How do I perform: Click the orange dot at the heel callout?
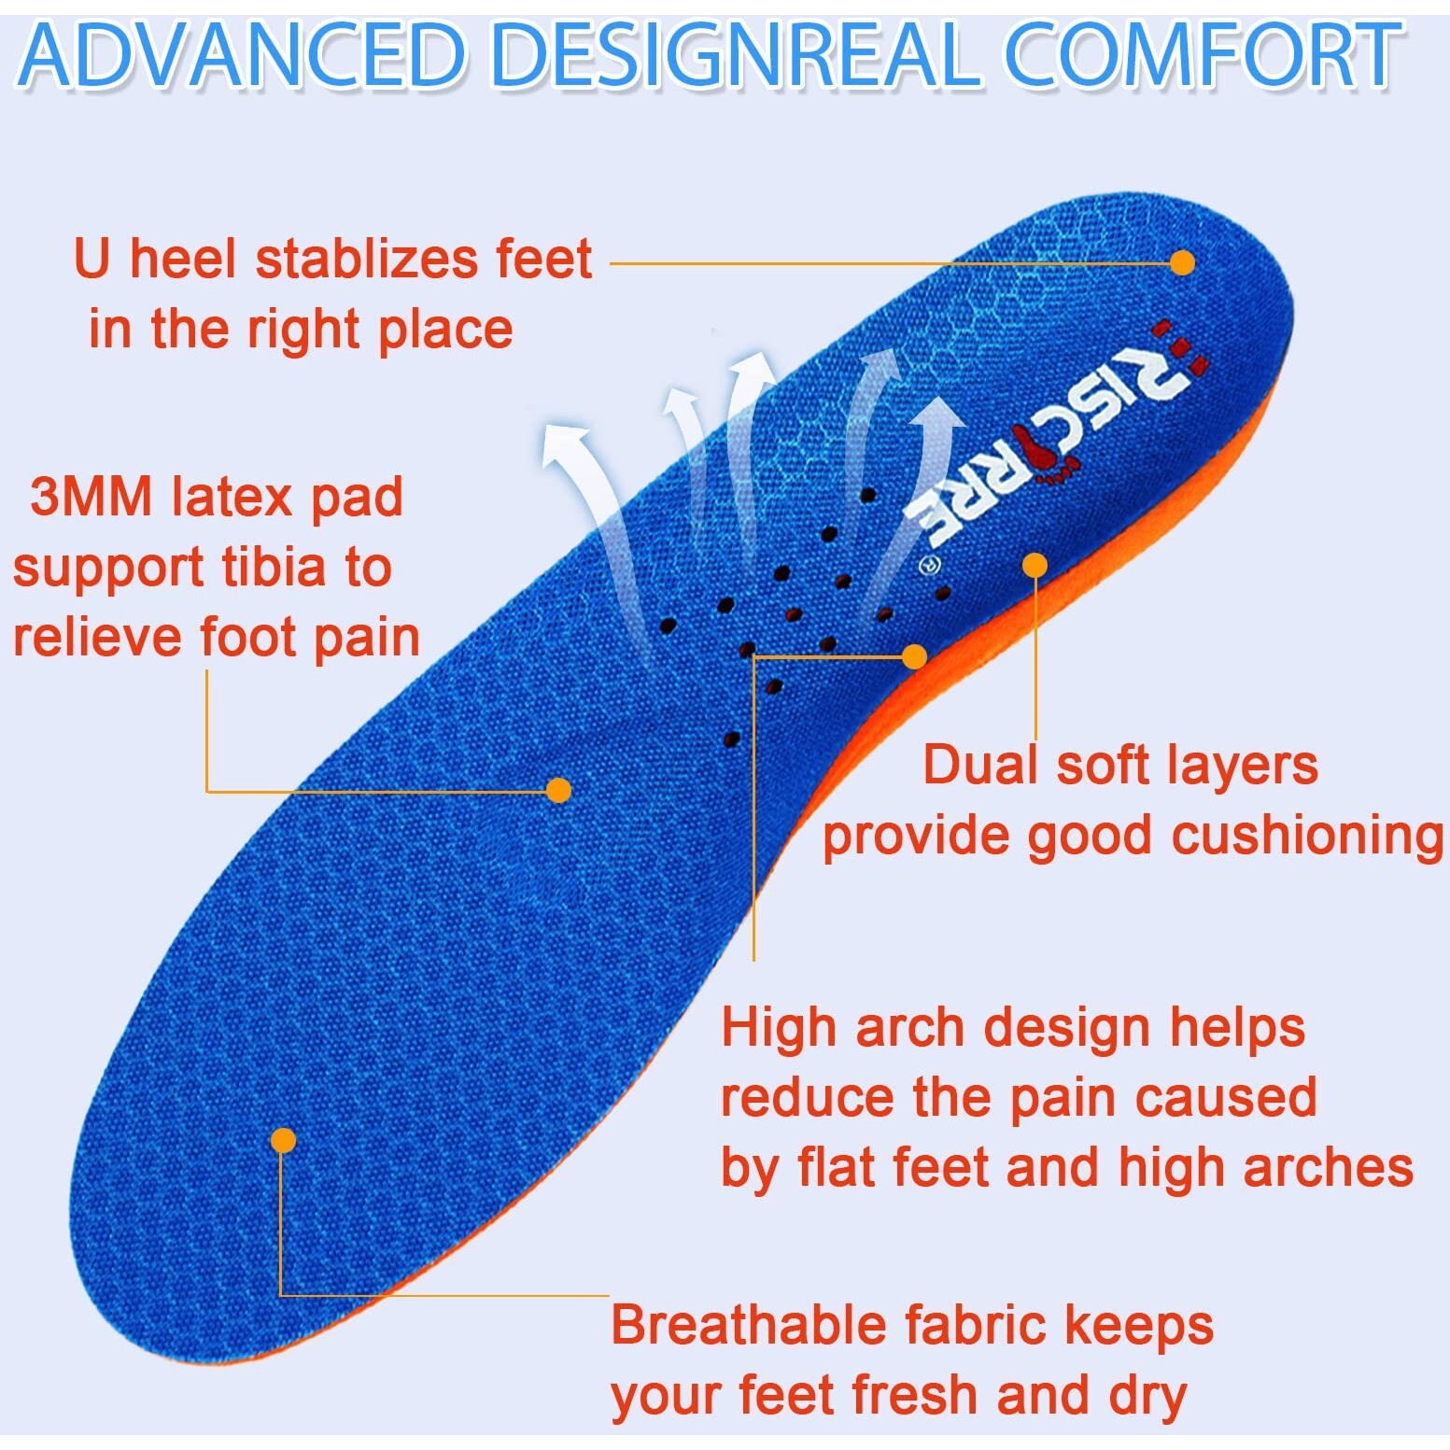(x=1182, y=262)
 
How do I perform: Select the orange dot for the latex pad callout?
(x=558, y=790)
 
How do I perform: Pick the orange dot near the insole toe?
(x=283, y=1140)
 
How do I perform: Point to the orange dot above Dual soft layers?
(x=1035, y=565)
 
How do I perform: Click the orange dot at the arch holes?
(x=914, y=656)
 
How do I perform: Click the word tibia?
(x=273, y=567)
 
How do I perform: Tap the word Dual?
(x=980, y=765)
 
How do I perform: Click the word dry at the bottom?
(x=1147, y=1395)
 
